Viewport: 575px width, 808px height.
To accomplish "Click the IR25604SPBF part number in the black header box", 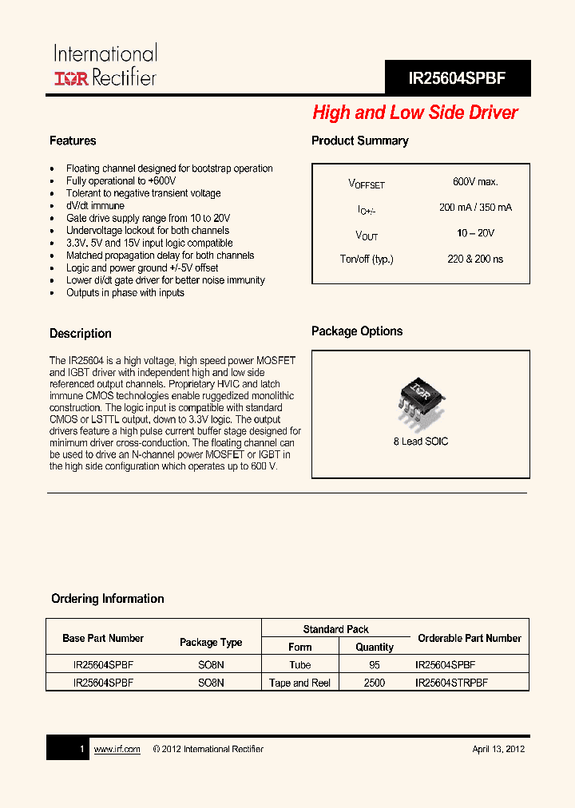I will click(457, 78).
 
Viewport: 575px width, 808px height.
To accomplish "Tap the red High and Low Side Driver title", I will click(414, 113).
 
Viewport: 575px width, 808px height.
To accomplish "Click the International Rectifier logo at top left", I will click(105, 65).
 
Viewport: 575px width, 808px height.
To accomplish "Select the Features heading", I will click(73, 141).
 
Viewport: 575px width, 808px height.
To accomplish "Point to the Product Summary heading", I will click(359, 141).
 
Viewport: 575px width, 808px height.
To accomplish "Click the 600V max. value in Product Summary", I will click(475, 182).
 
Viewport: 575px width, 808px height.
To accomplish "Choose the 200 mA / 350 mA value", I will click(475, 208).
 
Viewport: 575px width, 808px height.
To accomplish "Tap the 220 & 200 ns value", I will click(475, 259).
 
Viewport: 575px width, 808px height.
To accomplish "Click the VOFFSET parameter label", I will click(367, 184).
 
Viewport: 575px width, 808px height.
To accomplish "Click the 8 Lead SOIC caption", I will click(420, 442).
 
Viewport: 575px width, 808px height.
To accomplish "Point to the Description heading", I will click(81, 334).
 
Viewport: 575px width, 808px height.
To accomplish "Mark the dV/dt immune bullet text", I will click(95, 206).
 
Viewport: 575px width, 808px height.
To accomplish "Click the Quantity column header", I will click(375, 647).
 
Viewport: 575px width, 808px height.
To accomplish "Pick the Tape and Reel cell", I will click(300, 683).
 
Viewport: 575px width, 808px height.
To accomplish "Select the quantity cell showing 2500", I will click(374, 683).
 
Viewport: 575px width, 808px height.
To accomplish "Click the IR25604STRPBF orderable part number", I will click(451, 683).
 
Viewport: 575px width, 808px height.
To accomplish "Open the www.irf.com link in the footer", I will click(117, 749).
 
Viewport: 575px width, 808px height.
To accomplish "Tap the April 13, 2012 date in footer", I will click(498, 749).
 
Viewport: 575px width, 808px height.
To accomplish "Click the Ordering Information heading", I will click(108, 599).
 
